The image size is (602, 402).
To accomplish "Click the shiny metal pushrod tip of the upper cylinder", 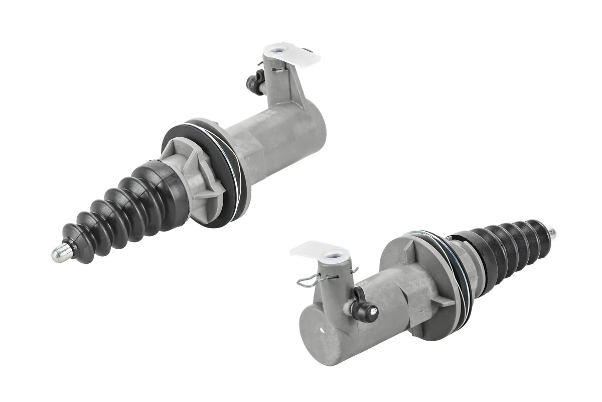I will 59,253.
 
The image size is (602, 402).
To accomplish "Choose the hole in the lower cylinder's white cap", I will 332,255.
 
